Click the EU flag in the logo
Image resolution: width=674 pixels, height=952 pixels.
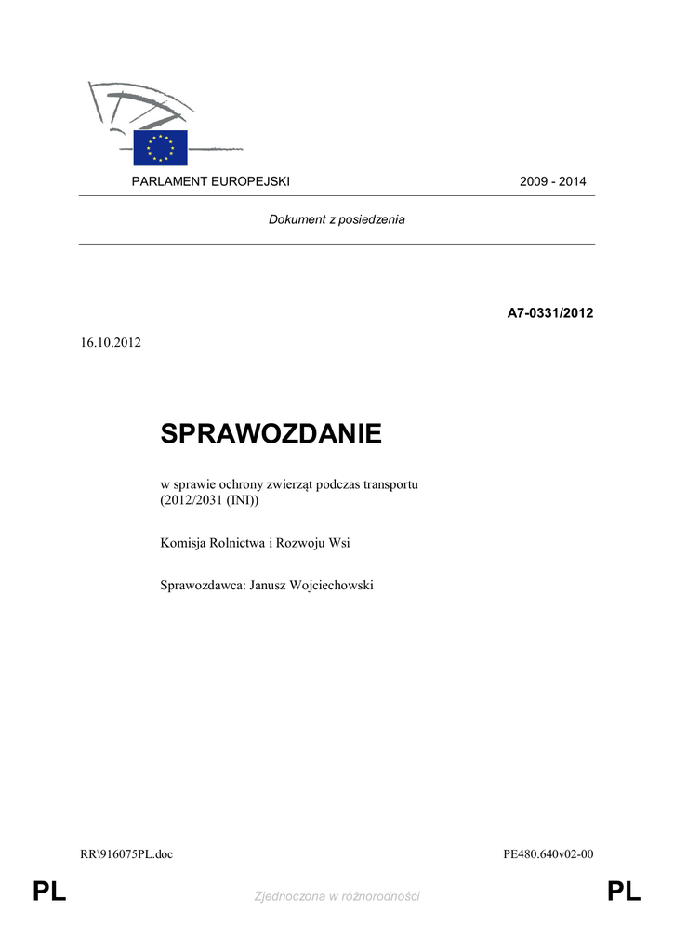point(160,148)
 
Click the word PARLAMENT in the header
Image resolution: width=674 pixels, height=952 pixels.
point(165,181)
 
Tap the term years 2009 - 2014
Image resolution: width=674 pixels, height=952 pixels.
point(552,181)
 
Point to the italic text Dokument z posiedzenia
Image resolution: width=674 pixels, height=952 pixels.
point(337,220)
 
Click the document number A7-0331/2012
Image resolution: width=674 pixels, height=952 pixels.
point(549,313)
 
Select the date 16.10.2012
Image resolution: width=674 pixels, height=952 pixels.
point(111,342)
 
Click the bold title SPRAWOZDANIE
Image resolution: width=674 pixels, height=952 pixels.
point(271,433)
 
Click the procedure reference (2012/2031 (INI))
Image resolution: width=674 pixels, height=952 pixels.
point(210,502)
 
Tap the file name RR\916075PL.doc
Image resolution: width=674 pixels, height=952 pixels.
point(126,854)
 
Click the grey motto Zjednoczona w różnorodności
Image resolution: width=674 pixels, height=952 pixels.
point(337,896)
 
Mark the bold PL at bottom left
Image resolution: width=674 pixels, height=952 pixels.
point(49,893)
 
